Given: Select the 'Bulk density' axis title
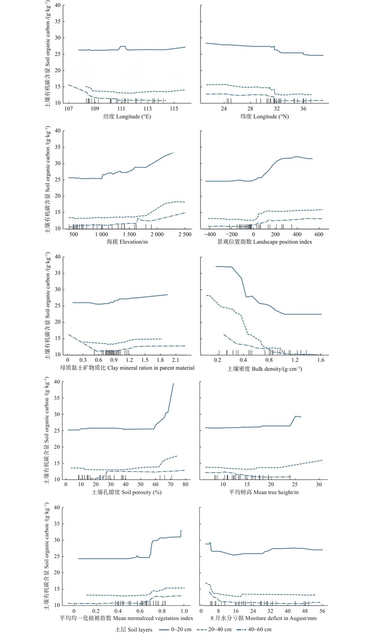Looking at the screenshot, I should click(265, 368).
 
